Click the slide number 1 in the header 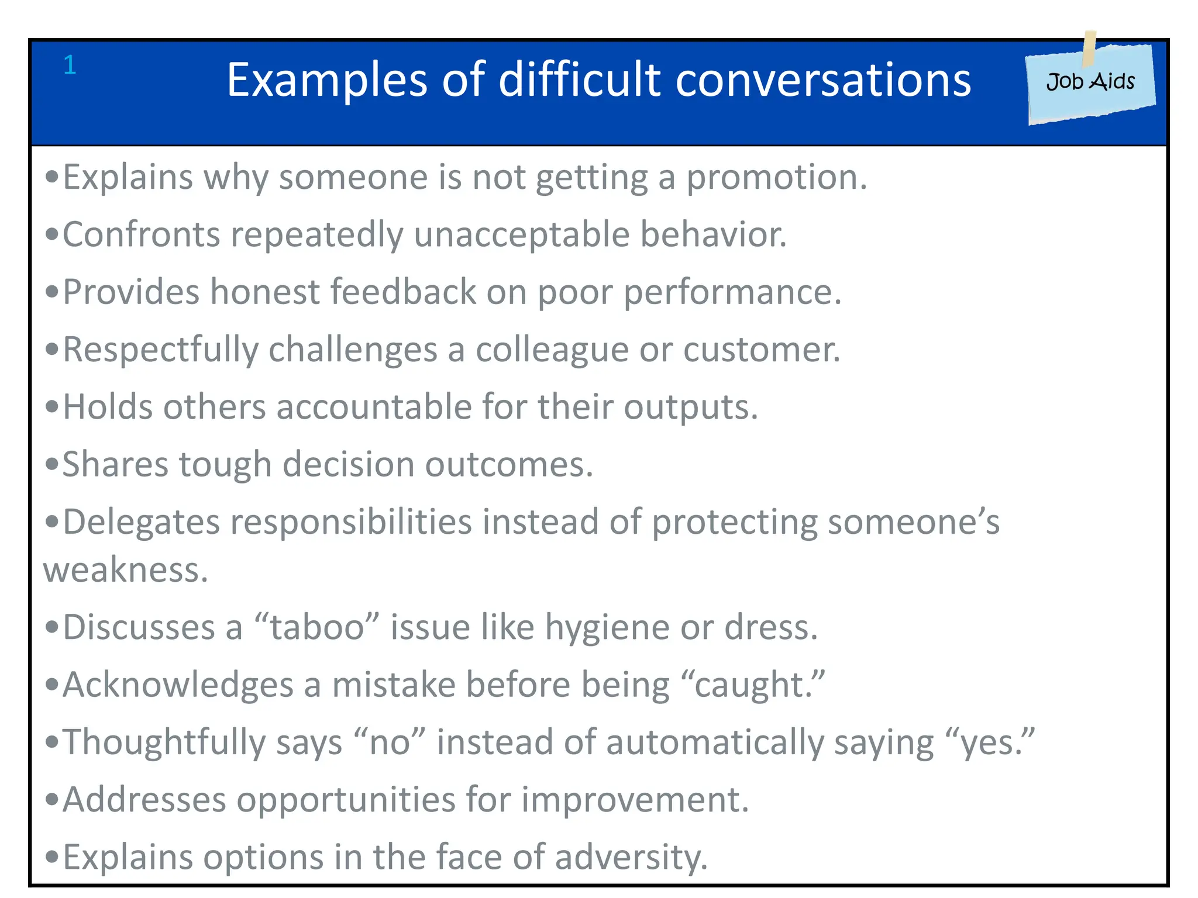pyautogui.click(x=70, y=65)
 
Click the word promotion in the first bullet pyautogui.click(x=776, y=177)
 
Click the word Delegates pyautogui.click(x=141, y=522)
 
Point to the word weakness pyautogui.click(x=125, y=570)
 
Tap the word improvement pyautogui.click(x=635, y=800)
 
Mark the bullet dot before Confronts pyautogui.click(x=52, y=234)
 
